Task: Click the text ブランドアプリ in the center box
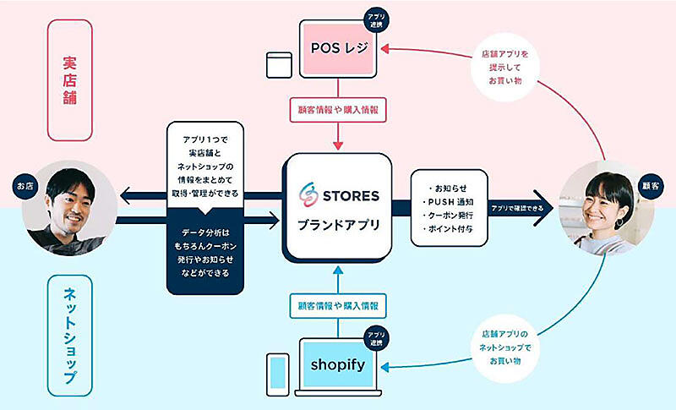[x=338, y=226]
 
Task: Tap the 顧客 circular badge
[x=651, y=184]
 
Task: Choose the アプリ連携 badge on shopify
[x=374, y=339]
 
